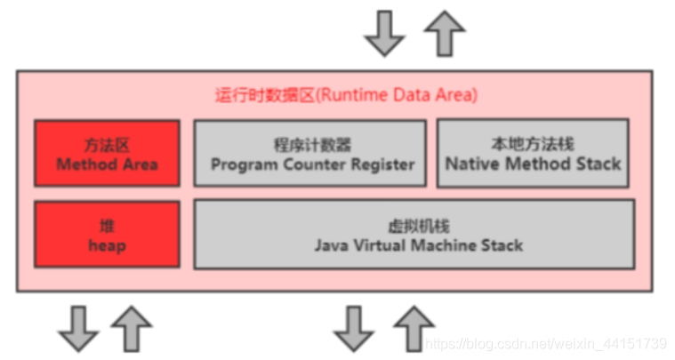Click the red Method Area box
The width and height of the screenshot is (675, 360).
pos(107,154)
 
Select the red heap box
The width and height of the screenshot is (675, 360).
pos(107,233)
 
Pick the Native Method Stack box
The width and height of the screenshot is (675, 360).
pos(533,154)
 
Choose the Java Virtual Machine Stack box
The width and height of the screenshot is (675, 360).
pos(414,235)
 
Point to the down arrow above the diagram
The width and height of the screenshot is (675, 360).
pos(385,33)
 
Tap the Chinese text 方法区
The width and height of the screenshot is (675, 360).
pos(107,145)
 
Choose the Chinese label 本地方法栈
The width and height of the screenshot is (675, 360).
pos(534,145)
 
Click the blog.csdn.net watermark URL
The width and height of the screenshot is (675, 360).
pos(546,343)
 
